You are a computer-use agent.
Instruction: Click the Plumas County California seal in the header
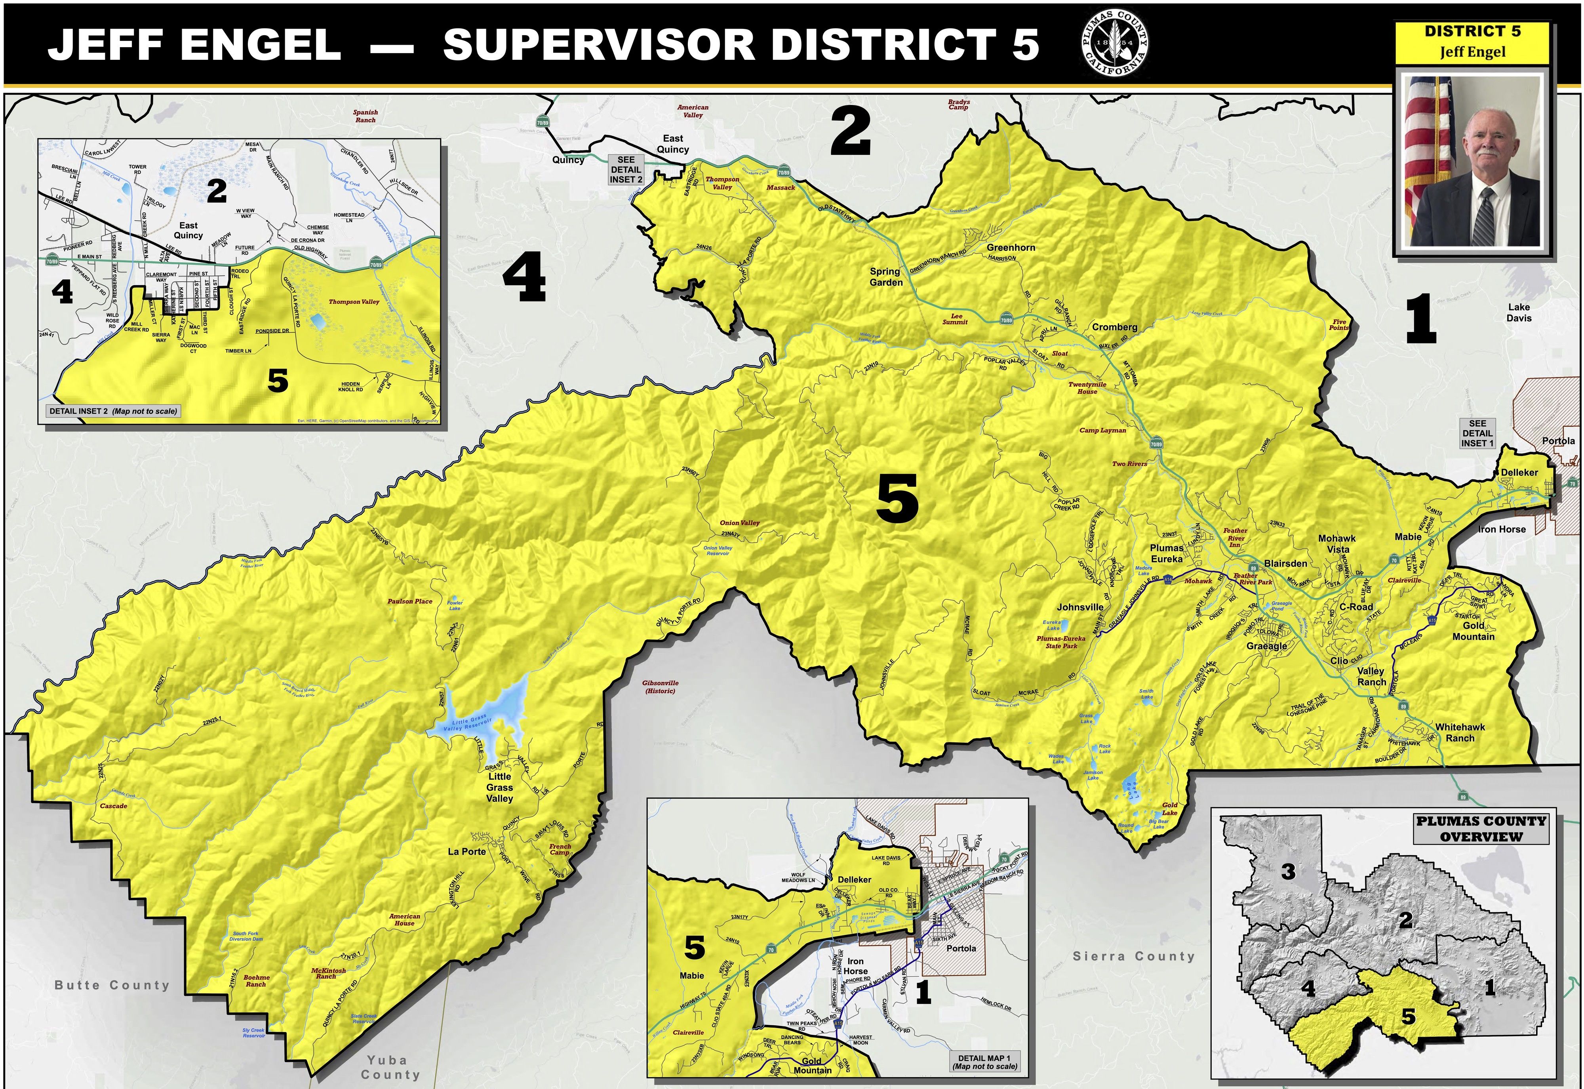[1114, 44]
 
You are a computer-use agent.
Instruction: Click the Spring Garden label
[886, 277]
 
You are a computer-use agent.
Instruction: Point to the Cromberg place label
[1114, 327]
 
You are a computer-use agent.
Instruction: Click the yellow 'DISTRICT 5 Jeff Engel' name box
[1472, 42]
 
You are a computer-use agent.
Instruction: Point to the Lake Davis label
[1519, 313]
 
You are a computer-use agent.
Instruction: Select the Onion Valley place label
[739, 523]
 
